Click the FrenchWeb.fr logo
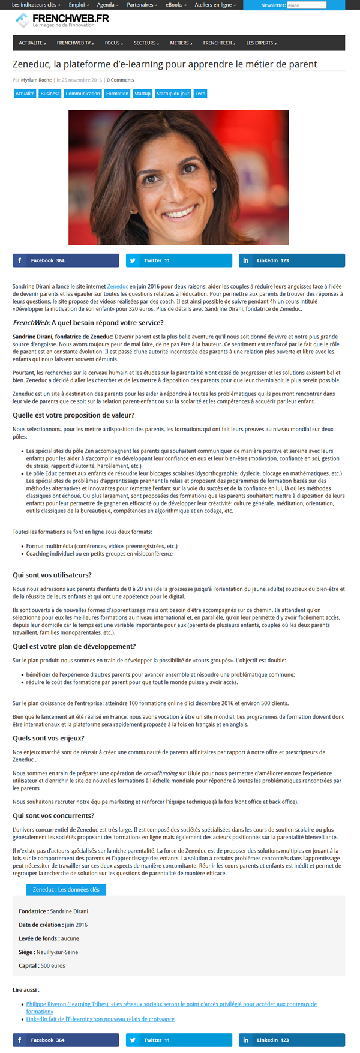[x=63, y=20]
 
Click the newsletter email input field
[x=307, y=5]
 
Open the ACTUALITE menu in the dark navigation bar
[x=32, y=43]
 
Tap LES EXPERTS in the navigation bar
[x=260, y=43]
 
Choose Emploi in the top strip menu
[x=77, y=5]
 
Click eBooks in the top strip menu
[x=175, y=5]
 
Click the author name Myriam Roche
[x=36, y=80]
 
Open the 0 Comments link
[x=121, y=80]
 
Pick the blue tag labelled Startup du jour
[x=173, y=94]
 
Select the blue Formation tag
[x=117, y=94]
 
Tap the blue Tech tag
[x=200, y=94]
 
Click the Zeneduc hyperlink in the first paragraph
[x=118, y=287]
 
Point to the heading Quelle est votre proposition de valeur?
[x=73, y=415]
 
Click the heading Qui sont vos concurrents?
[x=53, y=815]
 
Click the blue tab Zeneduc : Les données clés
[x=66, y=889]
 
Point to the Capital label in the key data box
[x=29, y=965]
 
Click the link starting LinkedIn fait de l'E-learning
[x=100, y=1019]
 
